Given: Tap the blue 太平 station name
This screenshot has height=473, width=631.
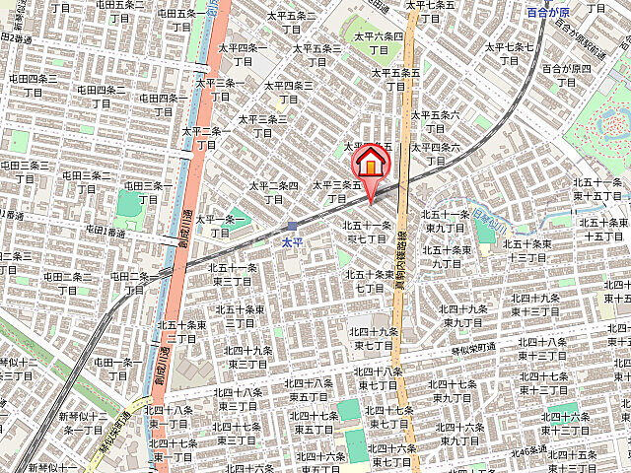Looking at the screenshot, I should [x=292, y=241].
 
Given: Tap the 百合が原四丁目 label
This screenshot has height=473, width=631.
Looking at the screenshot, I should [x=569, y=75].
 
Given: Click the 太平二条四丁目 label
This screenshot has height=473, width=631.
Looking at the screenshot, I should [x=274, y=191].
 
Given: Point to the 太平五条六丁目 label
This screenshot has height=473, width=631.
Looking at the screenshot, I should [x=435, y=121].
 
